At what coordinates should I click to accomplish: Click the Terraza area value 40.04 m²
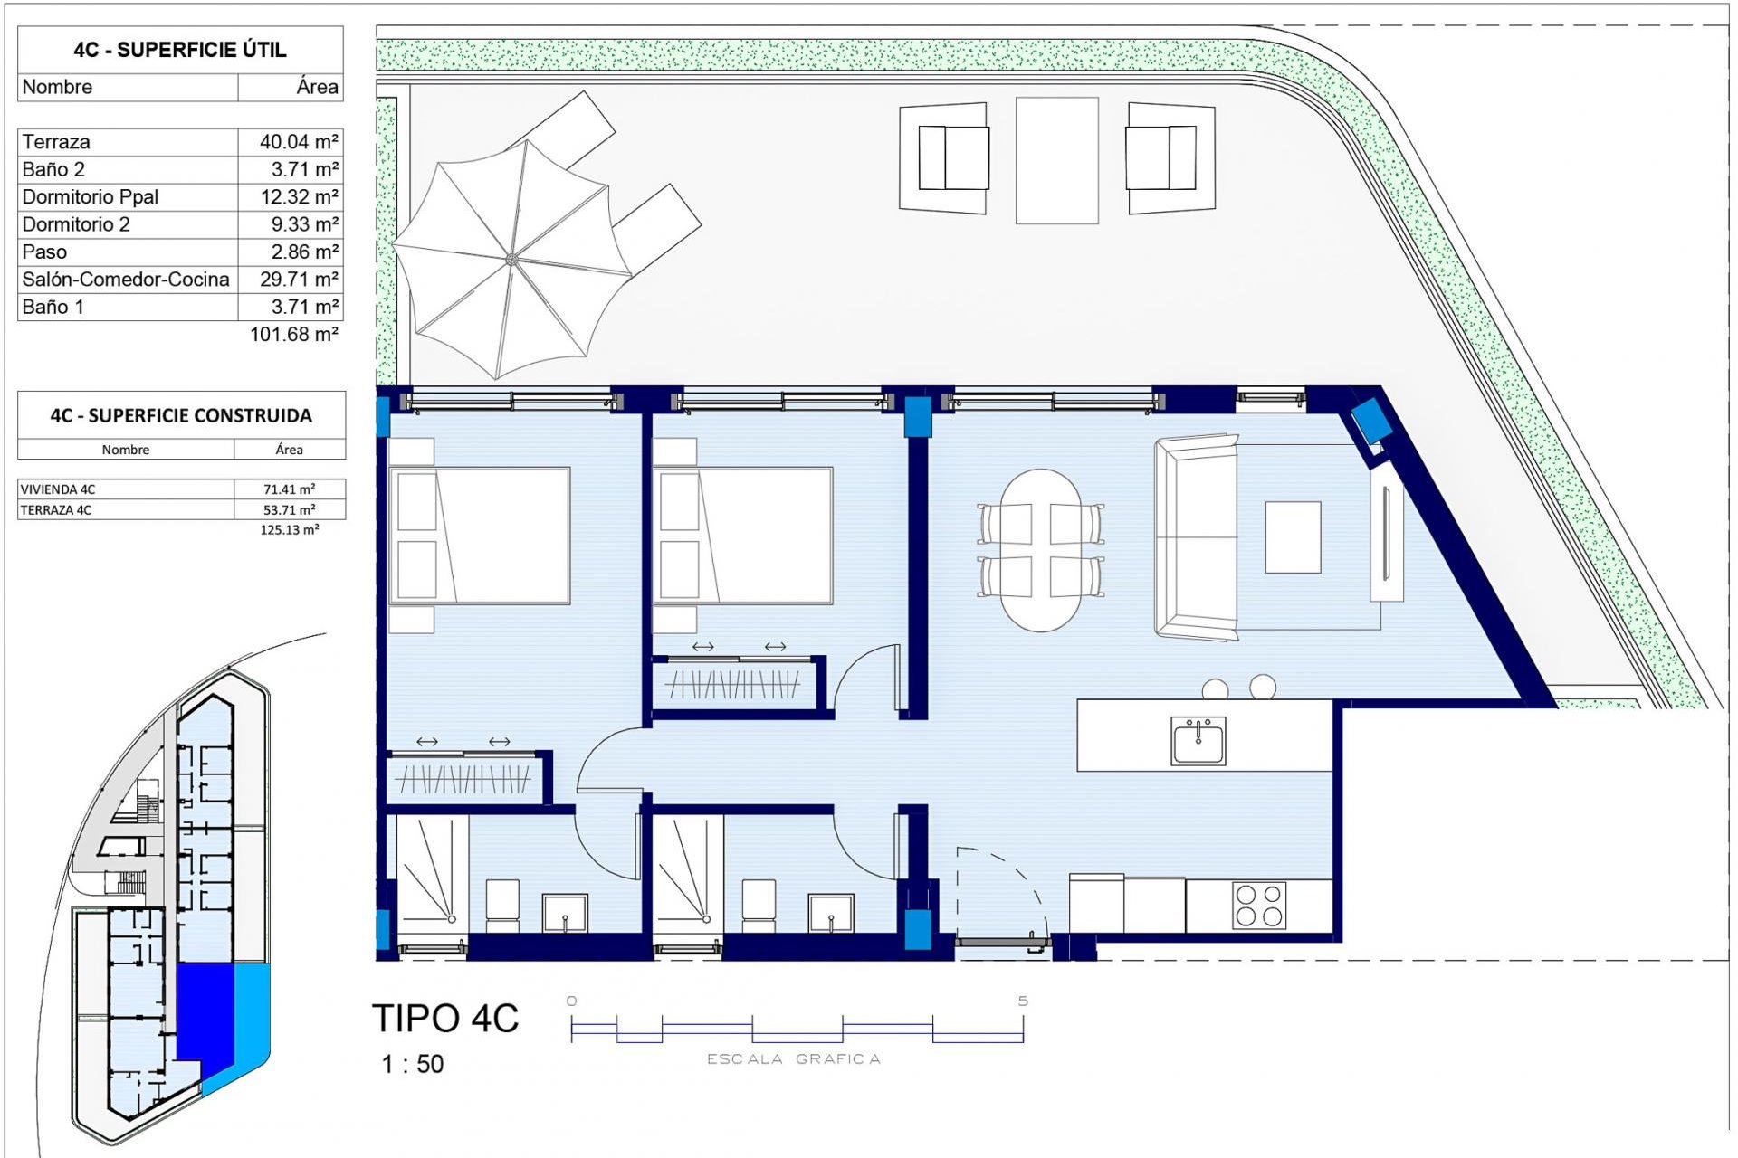click(x=299, y=142)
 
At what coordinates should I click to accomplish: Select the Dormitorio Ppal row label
click(x=91, y=197)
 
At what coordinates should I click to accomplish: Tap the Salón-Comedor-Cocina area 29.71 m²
click(x=299, y=280)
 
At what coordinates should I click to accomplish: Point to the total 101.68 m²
click(x=294, y=335)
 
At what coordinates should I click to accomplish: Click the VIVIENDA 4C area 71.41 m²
click(x=289, y=489)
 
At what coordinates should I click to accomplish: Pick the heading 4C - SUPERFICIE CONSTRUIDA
click(x=181, y=416)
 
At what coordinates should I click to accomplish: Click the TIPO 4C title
click(x=445, y=1019)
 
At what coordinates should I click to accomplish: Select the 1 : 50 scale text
click(x=413, y=1064)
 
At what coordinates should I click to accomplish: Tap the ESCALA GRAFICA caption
click(x=793, y=1059)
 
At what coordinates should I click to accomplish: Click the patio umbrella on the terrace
click(x=511, y=260)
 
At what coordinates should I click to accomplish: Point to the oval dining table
click(x=1041, y=549)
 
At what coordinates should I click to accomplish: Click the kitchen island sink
click(x=1198, y=741)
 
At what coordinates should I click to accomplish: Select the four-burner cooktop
click(x=1258, y=905)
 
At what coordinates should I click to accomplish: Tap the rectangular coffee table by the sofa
click(x=1293, y=537)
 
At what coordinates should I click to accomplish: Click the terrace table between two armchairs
click(x=1056, y=160)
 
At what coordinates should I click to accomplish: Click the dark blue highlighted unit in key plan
click(x=205, y=1013)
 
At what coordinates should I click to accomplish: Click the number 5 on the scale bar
click(x=1023, y=1001)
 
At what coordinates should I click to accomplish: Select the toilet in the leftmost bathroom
click(x=502, y=905)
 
